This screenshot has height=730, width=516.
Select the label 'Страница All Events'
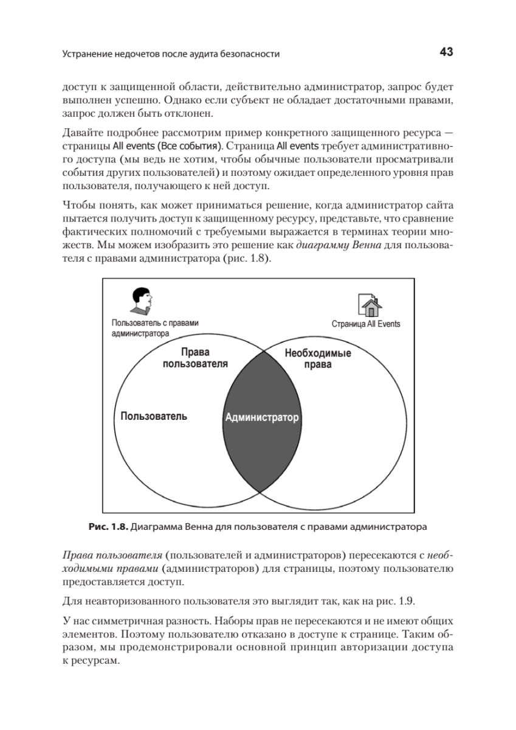[x=366, y=324]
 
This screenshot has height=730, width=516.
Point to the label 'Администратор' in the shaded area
[x=263, y=418]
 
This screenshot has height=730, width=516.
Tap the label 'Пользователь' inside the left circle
[x=154, y=417]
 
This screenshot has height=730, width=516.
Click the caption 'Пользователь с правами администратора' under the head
[x=155, y=328]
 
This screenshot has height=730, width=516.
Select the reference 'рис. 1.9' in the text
[x=396, y=602]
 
